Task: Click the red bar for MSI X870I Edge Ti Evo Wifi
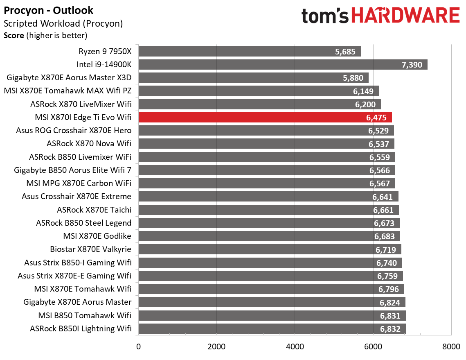pyautogui.click(x=265, y=117)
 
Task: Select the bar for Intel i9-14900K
pyautogui.click(x=283, y=65)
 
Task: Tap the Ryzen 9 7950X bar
pyautogui.click(x=250, y=52)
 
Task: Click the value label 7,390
pyautogui.click(x=412, y=65)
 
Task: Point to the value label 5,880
pyautogui.click(x=353, y=78)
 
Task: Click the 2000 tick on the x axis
pyautogui.click(x=216, y=347)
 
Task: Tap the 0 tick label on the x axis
pyautogui.click(x=139, y=347)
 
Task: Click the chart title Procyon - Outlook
pyautogui.click(x=48, y=10)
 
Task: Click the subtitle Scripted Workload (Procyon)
pyautogui.click(x=63, y=23)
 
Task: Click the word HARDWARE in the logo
pyautogui.click(x=405, y=16)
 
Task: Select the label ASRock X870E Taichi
pyautogui.click(x=94, y=210)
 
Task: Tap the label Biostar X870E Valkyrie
pyautogui.click(x=90, y=249)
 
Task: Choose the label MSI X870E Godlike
pyautogui.click(x=97, y=236)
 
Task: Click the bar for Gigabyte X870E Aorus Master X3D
pyautogui.click(x=253, y=78)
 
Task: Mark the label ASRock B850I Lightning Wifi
pyautogui.click(x=81, y=328)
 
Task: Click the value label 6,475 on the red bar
pyautogui.click(x=376, y=118)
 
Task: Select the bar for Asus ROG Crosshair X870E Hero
pyautogui.click(x=266, y=131)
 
